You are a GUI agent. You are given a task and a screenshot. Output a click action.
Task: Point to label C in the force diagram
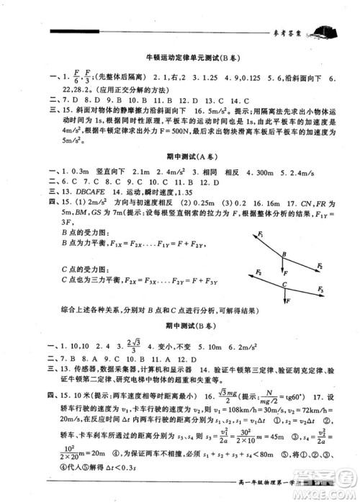point(285,285)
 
